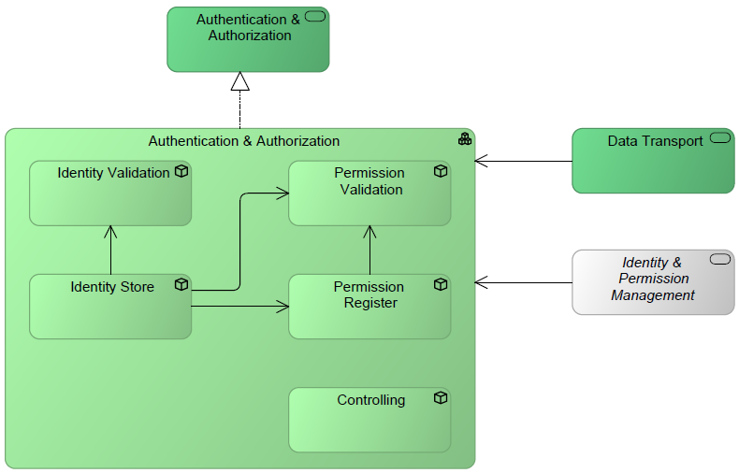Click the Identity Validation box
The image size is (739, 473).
tap(110, 193)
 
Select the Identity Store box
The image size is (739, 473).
tap(110, 307)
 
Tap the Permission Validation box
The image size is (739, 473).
tap(369, 193)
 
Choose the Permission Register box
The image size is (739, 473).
tap(369, 307)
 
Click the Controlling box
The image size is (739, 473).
tap(369, 420)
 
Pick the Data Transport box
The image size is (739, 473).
tap(653, 161)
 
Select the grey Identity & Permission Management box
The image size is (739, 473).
tap(653, 282)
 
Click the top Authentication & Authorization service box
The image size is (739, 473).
tap(248, 39)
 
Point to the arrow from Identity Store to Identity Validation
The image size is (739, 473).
tap(110, 251)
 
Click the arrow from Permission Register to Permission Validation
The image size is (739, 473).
tap(370, 251)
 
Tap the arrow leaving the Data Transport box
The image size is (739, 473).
tap(524, 162)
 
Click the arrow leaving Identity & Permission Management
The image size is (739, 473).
tap(524, 281)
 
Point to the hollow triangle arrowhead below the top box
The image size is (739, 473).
tap(240, 81)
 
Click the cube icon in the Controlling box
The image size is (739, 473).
tap(441, 398)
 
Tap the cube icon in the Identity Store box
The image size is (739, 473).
tap(181, 285)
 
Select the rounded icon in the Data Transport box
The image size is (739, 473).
tap(720, 138)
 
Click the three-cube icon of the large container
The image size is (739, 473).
tap(464, 139)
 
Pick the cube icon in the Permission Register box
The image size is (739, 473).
tap(441, 285)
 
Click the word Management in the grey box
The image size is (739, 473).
tap(653, 295)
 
